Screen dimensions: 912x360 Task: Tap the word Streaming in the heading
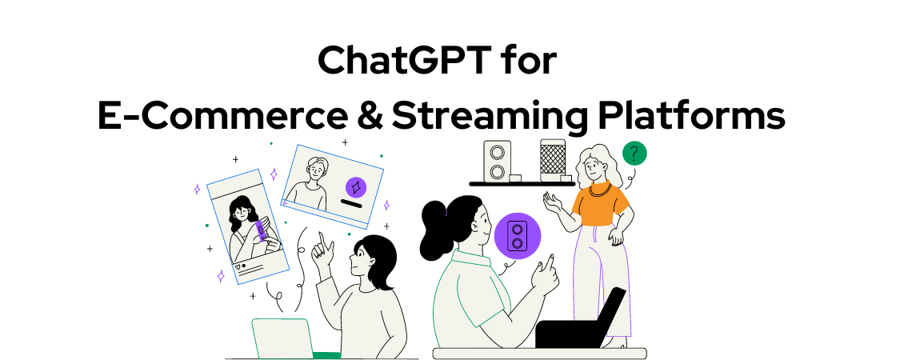click(x=490, y=116)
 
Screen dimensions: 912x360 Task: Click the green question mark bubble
click(x=634, y=154)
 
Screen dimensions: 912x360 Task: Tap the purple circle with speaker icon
click(x=517, y=235)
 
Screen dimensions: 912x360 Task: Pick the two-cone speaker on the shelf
click(x=498, y=161)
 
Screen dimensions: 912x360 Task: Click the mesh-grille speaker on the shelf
click(x=553, y=160)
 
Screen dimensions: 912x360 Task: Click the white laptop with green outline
click(x=282, y=338)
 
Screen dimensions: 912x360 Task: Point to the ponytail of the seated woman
click(x=437, y=230)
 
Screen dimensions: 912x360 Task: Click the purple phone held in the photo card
click(x=260, y=231)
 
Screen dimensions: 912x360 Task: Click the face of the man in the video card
click(x=317, y=170)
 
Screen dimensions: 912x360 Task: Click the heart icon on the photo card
click(x=237, y=266)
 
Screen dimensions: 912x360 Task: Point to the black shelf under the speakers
click(x=522, y=184)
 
